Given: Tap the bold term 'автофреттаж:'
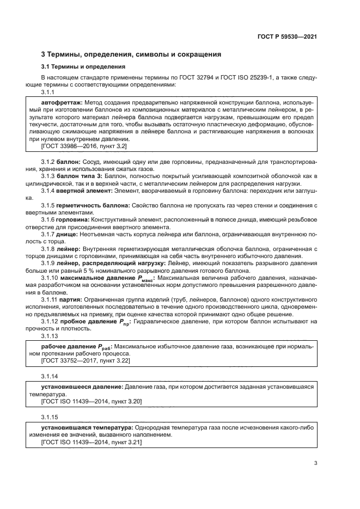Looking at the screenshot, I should coord(61,102).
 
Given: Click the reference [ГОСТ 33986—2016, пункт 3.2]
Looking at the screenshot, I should coord(84,146).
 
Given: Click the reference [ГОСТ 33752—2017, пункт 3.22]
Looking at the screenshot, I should coord(86,361).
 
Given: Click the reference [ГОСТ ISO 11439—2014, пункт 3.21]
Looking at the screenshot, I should coord(91,443).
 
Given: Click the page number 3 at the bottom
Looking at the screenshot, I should coord(315,463).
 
